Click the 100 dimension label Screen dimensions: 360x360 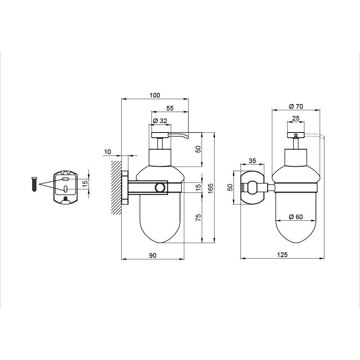[x=154, y=95]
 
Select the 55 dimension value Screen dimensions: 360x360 [x=170, y=108]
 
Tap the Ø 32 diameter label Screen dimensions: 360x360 [x=160, y=121]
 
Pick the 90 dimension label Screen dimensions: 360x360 [x=153, y=255]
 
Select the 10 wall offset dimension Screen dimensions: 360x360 [x=107, y=152]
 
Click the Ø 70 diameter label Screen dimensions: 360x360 [x=296, y=106]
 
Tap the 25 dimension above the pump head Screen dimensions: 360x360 [x=296, y=118]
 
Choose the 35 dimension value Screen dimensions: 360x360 [x=252, y=161]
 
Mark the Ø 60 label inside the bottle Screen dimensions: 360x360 [x=296, y=217]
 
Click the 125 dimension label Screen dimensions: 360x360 [x=283, y=255]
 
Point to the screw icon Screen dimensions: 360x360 [x=34, y=184]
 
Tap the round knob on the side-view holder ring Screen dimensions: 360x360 [x=159, y=187]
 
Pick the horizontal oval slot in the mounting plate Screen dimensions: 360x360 [x=66, y=179]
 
